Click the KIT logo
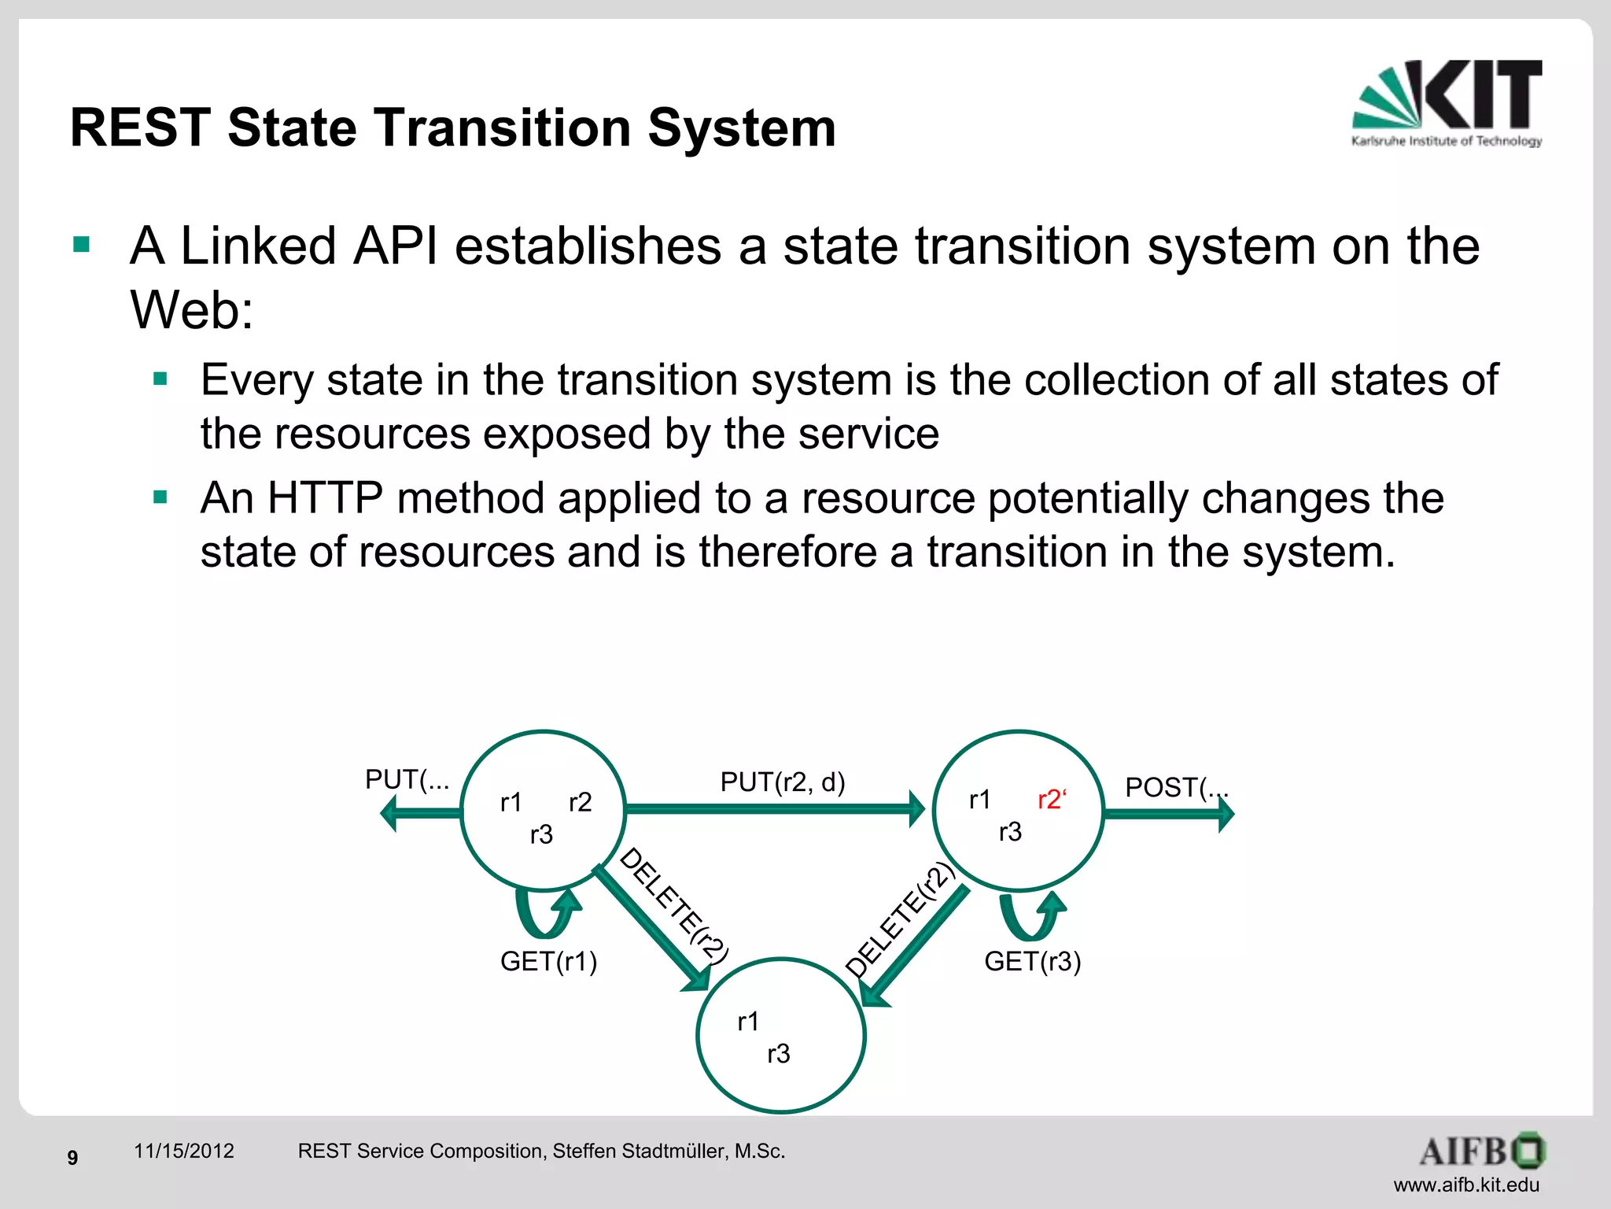1447,102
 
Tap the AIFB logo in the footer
1482,1152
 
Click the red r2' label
1052,800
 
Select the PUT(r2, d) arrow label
783,782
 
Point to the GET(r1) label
549,961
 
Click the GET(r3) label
1032,961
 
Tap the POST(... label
1175,787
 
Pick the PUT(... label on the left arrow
407,779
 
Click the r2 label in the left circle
580,802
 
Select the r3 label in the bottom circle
778,1054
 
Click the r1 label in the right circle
979,800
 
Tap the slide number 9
72,1158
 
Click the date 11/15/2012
184,1151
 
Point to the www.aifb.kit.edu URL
1466,1185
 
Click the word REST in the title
141,128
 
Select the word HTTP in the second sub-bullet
325,498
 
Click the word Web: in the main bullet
192,309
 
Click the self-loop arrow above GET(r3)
1031,916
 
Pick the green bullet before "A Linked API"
82,244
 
